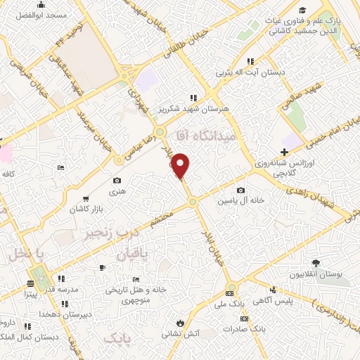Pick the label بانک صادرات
[x=249, y=328]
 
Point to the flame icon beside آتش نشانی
[x=181, y=323]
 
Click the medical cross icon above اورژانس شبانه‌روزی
[x=283, y=152]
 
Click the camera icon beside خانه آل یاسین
[x=241, y=191]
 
